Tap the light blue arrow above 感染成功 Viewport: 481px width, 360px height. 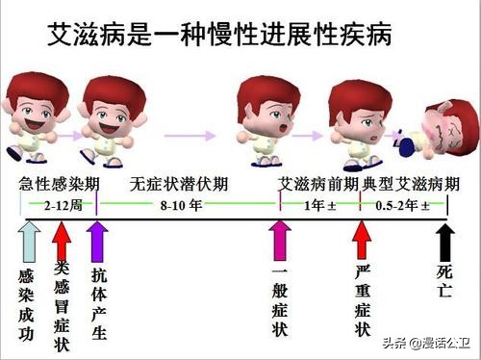click(x=29, y=240)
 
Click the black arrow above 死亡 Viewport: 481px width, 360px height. click(x=444, y=240)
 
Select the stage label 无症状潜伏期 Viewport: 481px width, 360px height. click(x=176, y=184)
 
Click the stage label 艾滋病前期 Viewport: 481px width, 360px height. click(x=318, y=184)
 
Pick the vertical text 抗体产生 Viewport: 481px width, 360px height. click(x=98, y=301)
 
